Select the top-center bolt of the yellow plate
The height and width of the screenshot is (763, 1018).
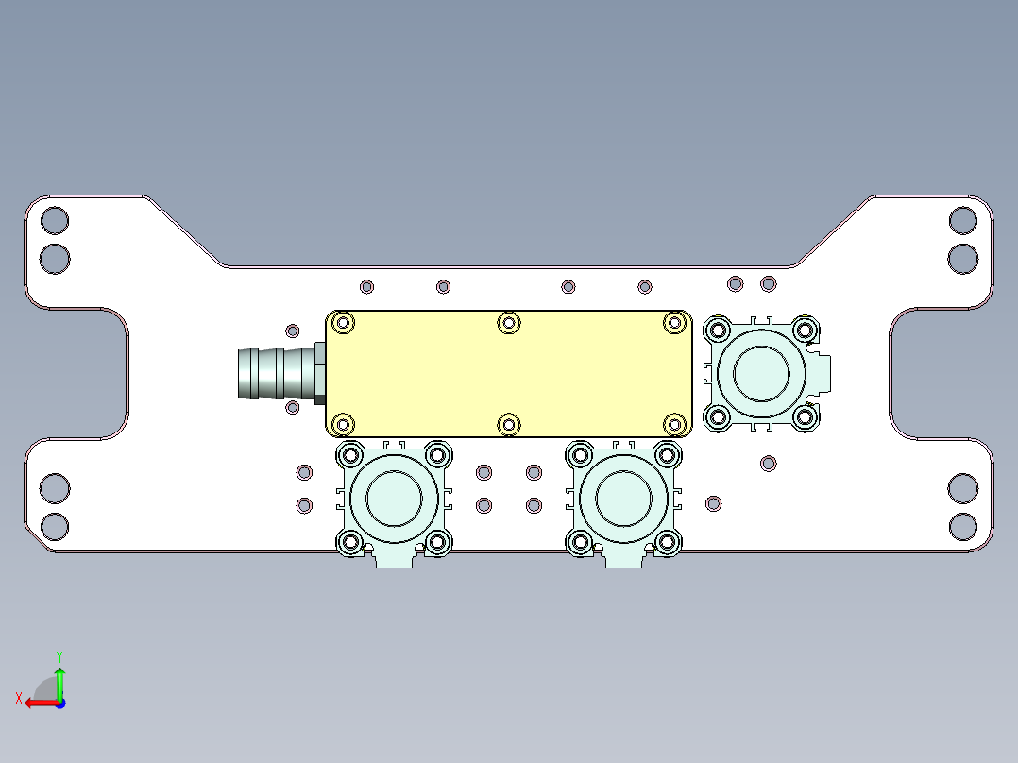coord(509,323)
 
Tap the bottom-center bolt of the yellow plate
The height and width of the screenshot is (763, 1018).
coord(509,424)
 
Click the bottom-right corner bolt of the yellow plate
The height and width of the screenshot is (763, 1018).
coord(674,424)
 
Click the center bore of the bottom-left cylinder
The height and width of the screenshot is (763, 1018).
coord(394,498)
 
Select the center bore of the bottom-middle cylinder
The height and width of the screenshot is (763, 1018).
coord(624,498)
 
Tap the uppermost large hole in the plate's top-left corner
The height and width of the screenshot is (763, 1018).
coord(55,221)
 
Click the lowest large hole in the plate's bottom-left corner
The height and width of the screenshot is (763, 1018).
coord(55,526)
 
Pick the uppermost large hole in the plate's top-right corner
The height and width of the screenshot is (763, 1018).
coord(963,221)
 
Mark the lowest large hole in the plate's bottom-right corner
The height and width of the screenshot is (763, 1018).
coord(963,526)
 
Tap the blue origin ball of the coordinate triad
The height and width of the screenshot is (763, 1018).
coord(59,703)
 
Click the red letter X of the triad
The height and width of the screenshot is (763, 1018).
coord(18,698)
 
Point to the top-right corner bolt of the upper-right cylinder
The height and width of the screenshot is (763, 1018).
coord(805,330)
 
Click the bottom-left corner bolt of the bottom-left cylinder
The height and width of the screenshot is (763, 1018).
coord(350,542)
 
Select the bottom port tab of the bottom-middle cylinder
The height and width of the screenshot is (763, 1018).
coord(624,559)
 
